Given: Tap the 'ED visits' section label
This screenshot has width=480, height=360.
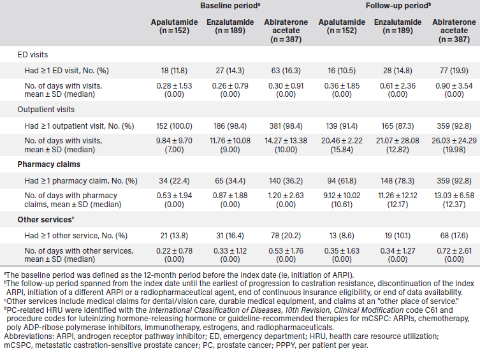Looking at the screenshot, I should point(32,55).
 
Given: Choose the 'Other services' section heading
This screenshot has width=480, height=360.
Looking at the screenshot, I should point(43,220).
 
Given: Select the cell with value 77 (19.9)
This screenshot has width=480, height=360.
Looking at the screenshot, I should point(454,68).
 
